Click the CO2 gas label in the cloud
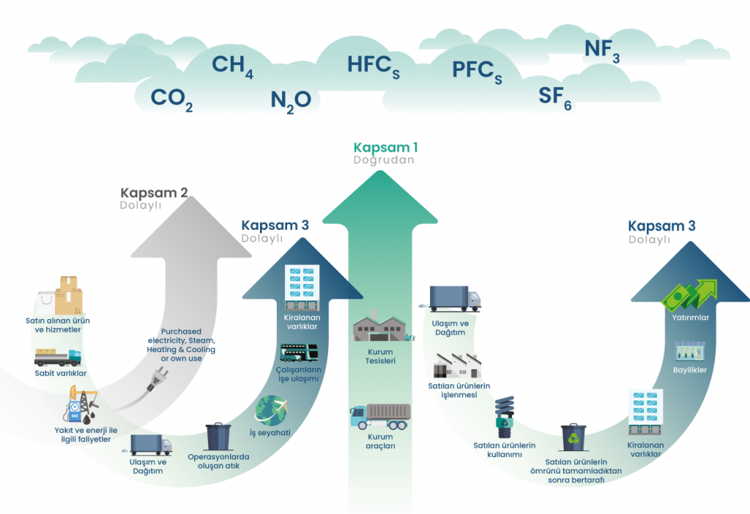(x=171, y=99)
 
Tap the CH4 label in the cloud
(x=232, y=66)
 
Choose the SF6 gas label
(x=554, y=97)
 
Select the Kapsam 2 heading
(x=154, y=193)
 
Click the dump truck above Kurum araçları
(x=380, y=417)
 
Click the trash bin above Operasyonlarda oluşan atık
(x=218, y=436)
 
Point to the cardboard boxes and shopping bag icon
(x=60, y=295)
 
